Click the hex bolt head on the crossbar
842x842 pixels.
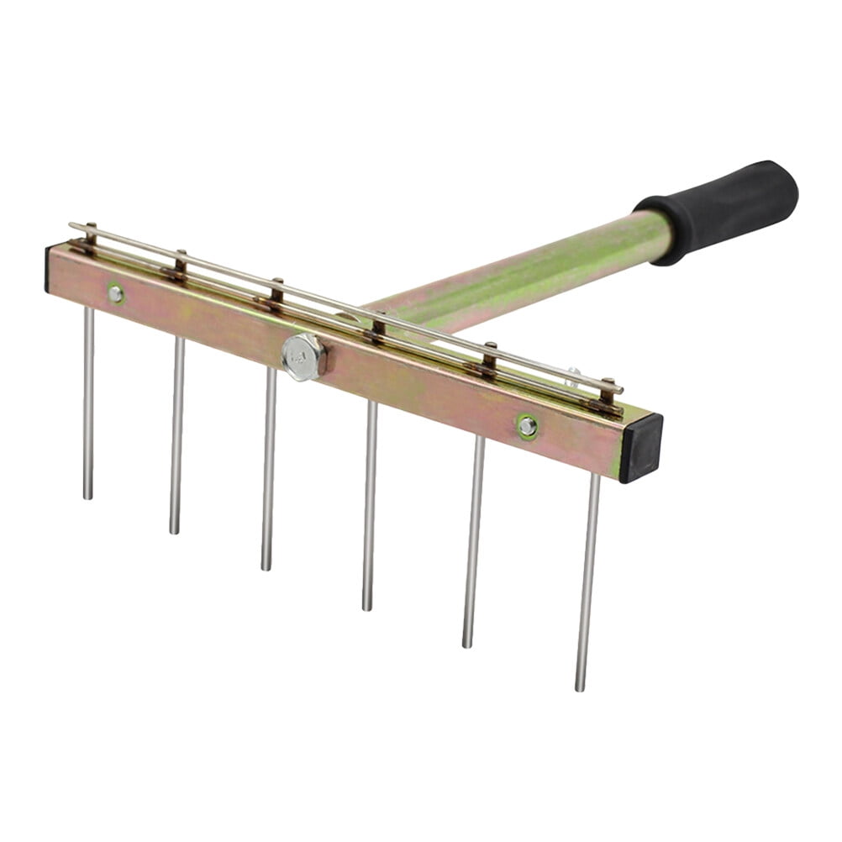[303, 356]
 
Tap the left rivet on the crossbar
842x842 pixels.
[115, 293]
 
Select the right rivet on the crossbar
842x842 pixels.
[527, 426]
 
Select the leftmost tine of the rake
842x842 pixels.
[88, 403]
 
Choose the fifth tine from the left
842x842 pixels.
[473, 542]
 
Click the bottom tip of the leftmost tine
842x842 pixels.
[87, 496]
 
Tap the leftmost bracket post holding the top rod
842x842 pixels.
[90, 235]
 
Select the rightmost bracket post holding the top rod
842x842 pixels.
[607, 392]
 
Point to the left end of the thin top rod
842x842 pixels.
[72, 225]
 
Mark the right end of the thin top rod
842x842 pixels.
[620, 390]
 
